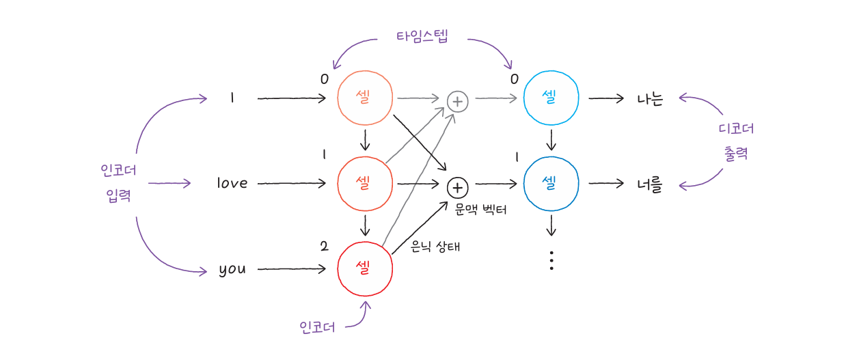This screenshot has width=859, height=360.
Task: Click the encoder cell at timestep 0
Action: pos(365,98)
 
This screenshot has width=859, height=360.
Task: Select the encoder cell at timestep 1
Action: pos(365,183)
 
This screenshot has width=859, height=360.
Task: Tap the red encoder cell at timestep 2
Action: pos(365,268)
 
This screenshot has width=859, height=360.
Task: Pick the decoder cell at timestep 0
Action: pos(551,98)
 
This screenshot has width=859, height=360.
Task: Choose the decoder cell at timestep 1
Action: pos(551,183)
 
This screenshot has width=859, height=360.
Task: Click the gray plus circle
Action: pos(457,101)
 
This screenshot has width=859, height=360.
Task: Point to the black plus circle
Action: pos(457,186)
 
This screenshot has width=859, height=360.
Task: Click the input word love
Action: pos(232,183)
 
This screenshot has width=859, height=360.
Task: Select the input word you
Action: pos(232,269)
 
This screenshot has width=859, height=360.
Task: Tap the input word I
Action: pos(232,98)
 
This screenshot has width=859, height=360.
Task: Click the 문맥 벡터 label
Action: pos(481,210)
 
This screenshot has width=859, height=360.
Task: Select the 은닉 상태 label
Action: pos(435,247)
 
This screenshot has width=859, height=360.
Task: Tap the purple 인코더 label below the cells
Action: pos(318,327)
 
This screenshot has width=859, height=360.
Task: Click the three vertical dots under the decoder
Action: pos(551,260)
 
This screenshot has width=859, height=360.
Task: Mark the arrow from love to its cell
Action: pos(292,183)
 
